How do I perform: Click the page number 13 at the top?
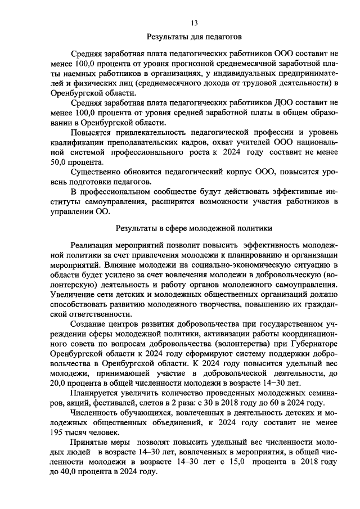point(194,23)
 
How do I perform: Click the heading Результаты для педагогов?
point(194,38)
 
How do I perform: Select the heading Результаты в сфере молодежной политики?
point(194,229)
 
